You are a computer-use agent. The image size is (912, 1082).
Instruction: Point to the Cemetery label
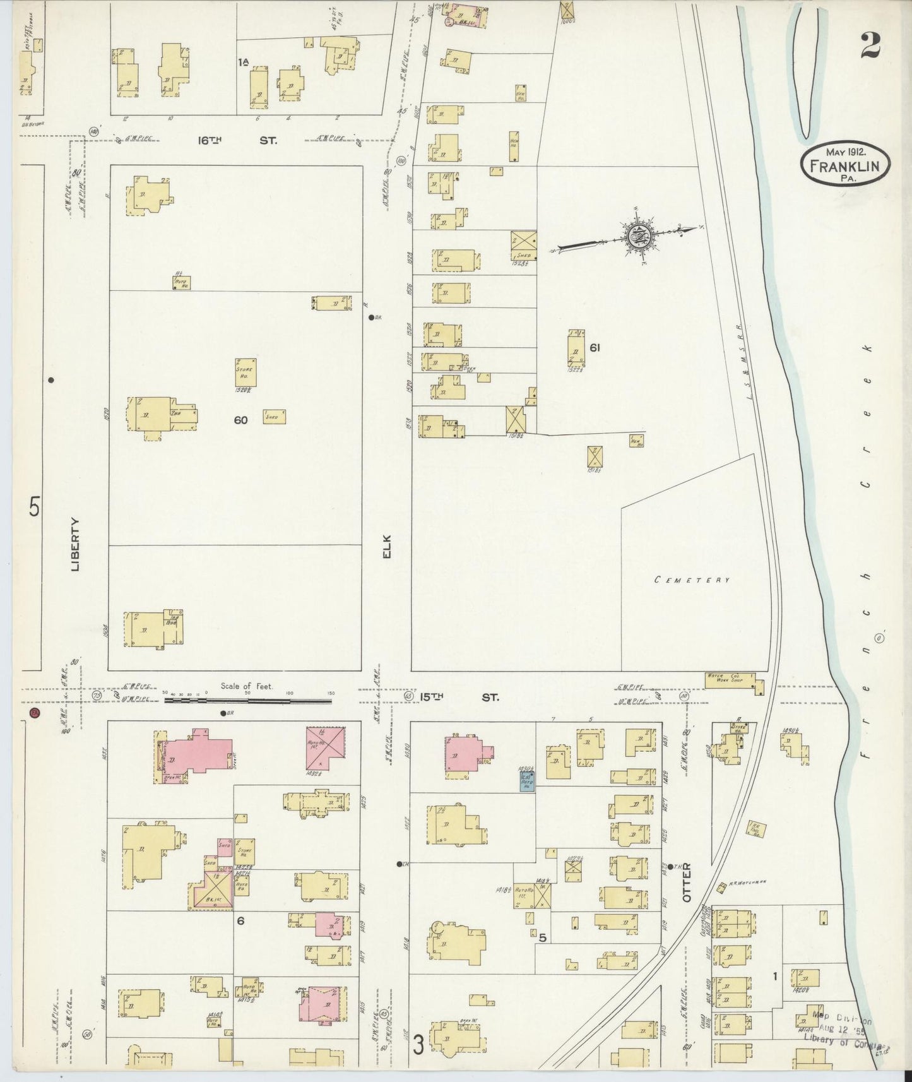tap(692, 580)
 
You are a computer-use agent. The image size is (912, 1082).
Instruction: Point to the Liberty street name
tap(76, 544)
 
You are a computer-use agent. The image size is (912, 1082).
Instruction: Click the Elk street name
tap(388, 547)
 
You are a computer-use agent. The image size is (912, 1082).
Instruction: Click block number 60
tap(240, 420)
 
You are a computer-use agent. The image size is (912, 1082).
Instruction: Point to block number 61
tap(594, 347)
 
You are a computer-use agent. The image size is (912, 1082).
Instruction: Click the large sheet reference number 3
tap(418, 1046)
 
